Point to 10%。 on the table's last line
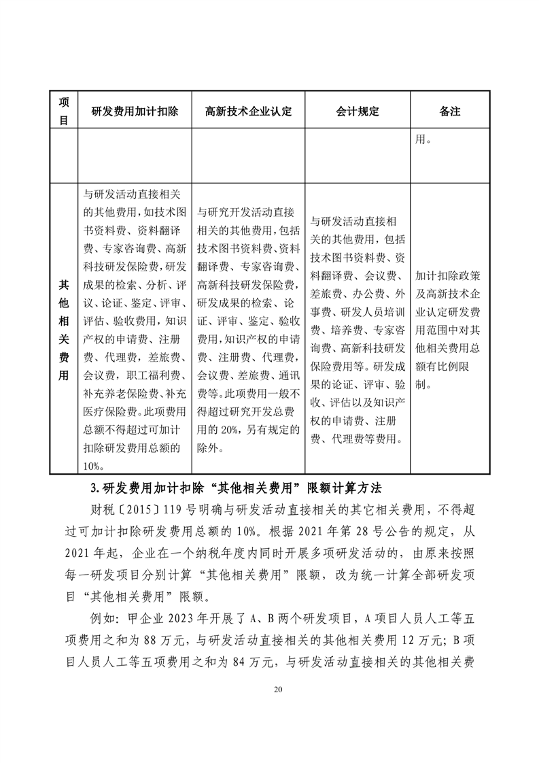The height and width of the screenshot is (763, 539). [x=92, y=465]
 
